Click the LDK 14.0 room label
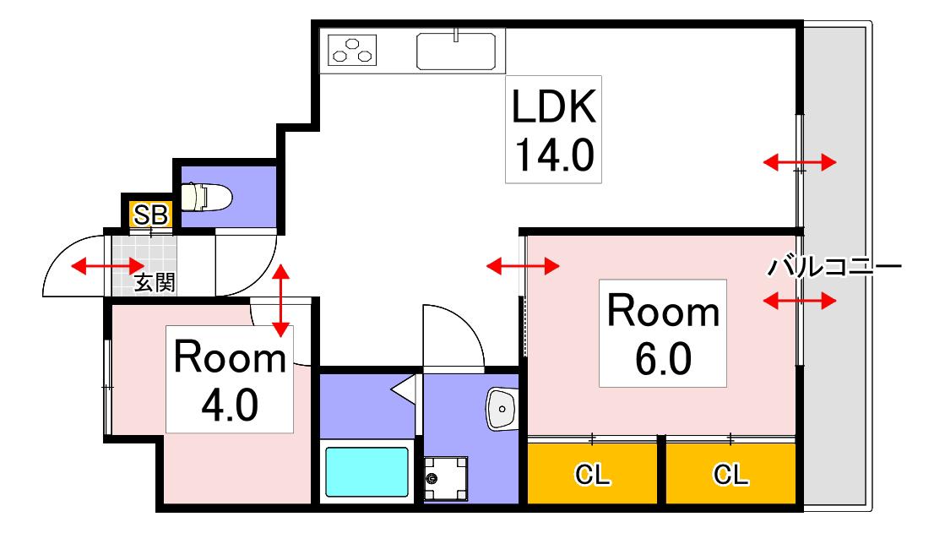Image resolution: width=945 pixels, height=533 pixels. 553,129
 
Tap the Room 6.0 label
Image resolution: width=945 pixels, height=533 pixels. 663,333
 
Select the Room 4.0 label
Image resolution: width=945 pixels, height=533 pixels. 230,379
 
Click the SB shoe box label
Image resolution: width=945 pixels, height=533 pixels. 150,215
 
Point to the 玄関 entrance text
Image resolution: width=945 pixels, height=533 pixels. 155,282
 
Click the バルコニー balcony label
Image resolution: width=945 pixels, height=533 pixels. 834,266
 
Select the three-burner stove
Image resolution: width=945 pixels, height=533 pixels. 352,50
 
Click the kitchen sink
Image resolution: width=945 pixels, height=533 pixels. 456,52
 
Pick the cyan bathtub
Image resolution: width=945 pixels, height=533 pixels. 367,471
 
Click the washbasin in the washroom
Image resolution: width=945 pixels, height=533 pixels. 502,409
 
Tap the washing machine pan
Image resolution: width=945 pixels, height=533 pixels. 445,479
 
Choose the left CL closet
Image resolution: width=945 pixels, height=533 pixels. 592,474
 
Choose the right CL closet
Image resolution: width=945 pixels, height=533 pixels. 730,474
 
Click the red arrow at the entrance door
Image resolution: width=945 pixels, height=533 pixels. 108,265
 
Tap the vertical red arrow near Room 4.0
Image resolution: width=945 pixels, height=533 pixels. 281,300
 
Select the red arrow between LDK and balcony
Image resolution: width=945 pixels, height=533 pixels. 800,161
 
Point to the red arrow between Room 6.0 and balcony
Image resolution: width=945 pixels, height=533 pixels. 800,300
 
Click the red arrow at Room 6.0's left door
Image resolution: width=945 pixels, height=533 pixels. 523,265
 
